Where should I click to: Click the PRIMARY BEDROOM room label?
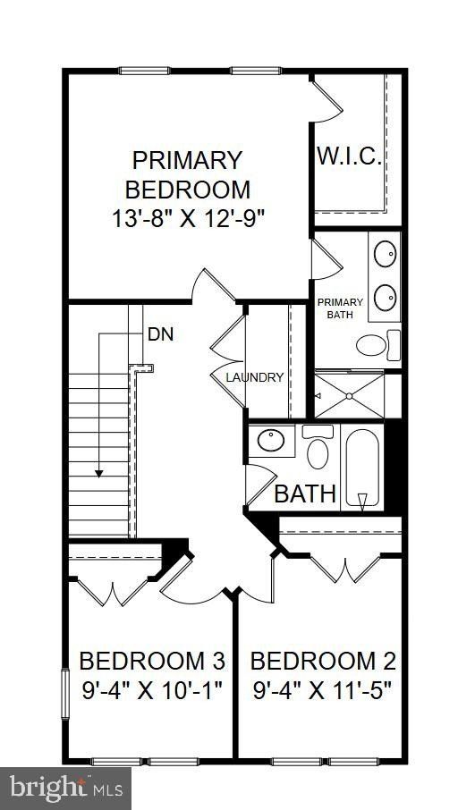pos(187,174)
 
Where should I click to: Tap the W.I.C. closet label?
pos(349,157)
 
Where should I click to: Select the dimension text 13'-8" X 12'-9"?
pos(187,217)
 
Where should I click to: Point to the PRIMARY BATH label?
pos(335,309)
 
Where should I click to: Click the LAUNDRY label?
pos(255,377)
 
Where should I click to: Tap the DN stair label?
pos(160,335)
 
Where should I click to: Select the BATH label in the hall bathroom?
pos(305,493)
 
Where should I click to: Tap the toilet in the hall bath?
pos(317,449)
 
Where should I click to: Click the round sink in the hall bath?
pos(270,440)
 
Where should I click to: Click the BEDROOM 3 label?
pos(152,662)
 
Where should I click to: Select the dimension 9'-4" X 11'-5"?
pos(323,690)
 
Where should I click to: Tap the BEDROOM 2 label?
pos(323,662)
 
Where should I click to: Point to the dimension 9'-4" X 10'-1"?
pos(152,690)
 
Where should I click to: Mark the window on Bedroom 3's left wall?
pos(64,692)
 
